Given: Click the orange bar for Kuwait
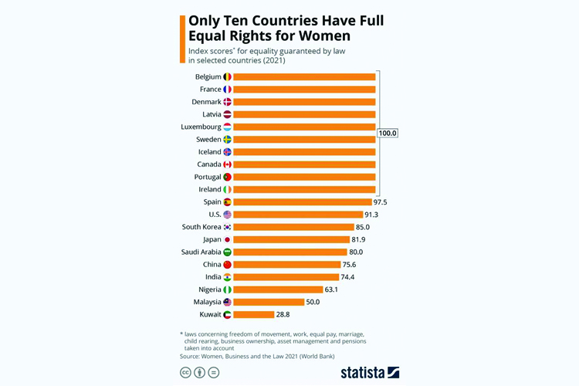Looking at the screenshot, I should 253,314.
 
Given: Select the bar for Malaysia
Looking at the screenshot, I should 269,302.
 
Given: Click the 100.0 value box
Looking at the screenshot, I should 388,133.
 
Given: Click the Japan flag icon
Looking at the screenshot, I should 227,239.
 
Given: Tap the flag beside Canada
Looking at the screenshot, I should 227,164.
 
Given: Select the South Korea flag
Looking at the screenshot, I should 227,227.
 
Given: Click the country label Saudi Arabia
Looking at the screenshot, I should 201,252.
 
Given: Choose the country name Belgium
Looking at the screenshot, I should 208,77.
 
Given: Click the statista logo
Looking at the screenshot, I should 370,372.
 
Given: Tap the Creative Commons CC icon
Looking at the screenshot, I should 185,372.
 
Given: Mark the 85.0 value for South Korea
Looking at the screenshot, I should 362,227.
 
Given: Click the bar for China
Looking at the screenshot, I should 286,264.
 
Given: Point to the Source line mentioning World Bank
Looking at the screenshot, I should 251,357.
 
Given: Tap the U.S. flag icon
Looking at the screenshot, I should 227,215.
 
